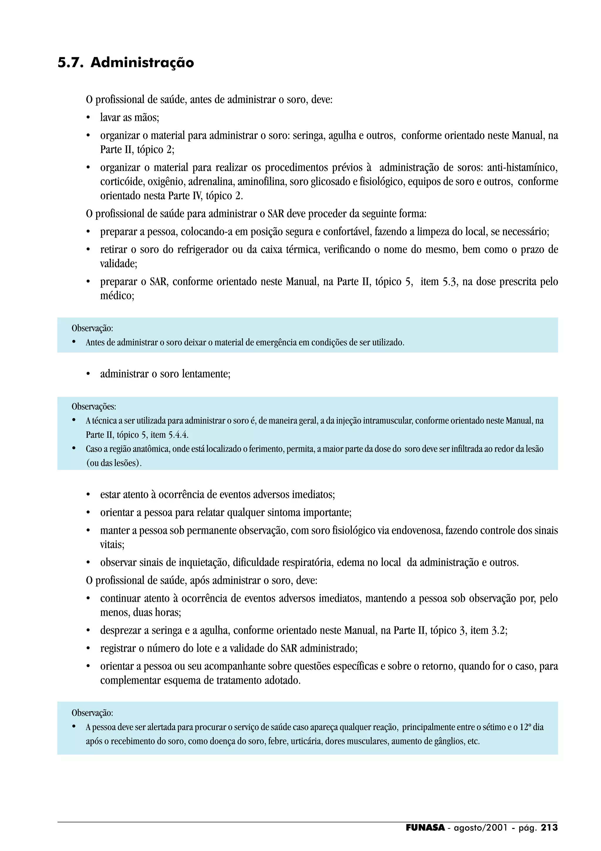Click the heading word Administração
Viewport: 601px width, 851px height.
pos(142,63)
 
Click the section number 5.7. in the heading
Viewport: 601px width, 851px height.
pos(70,63)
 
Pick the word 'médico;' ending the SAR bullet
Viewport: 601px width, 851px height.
pos(117,296)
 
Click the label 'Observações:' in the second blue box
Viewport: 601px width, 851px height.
pos(94,407)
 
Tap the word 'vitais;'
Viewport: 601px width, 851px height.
pos(112,544)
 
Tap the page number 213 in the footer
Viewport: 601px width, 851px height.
pos(549,828)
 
